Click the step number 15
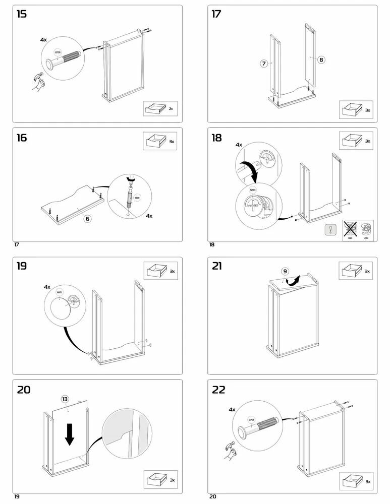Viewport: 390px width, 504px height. click(22, 14)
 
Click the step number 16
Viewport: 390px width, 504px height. click(22, 138)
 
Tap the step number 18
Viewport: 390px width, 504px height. click(216, 138)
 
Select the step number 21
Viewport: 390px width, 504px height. click(216, 266)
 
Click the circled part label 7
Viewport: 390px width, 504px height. click(263, 64)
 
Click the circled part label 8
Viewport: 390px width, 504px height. click(321, 59)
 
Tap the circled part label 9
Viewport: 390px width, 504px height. click(285, 271)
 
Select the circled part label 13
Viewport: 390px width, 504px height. click(65, 399)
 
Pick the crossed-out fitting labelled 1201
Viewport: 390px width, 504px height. click(350, 228)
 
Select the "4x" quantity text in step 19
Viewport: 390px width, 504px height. click(47, 287)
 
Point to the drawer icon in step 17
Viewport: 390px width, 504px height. click(350, 109)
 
